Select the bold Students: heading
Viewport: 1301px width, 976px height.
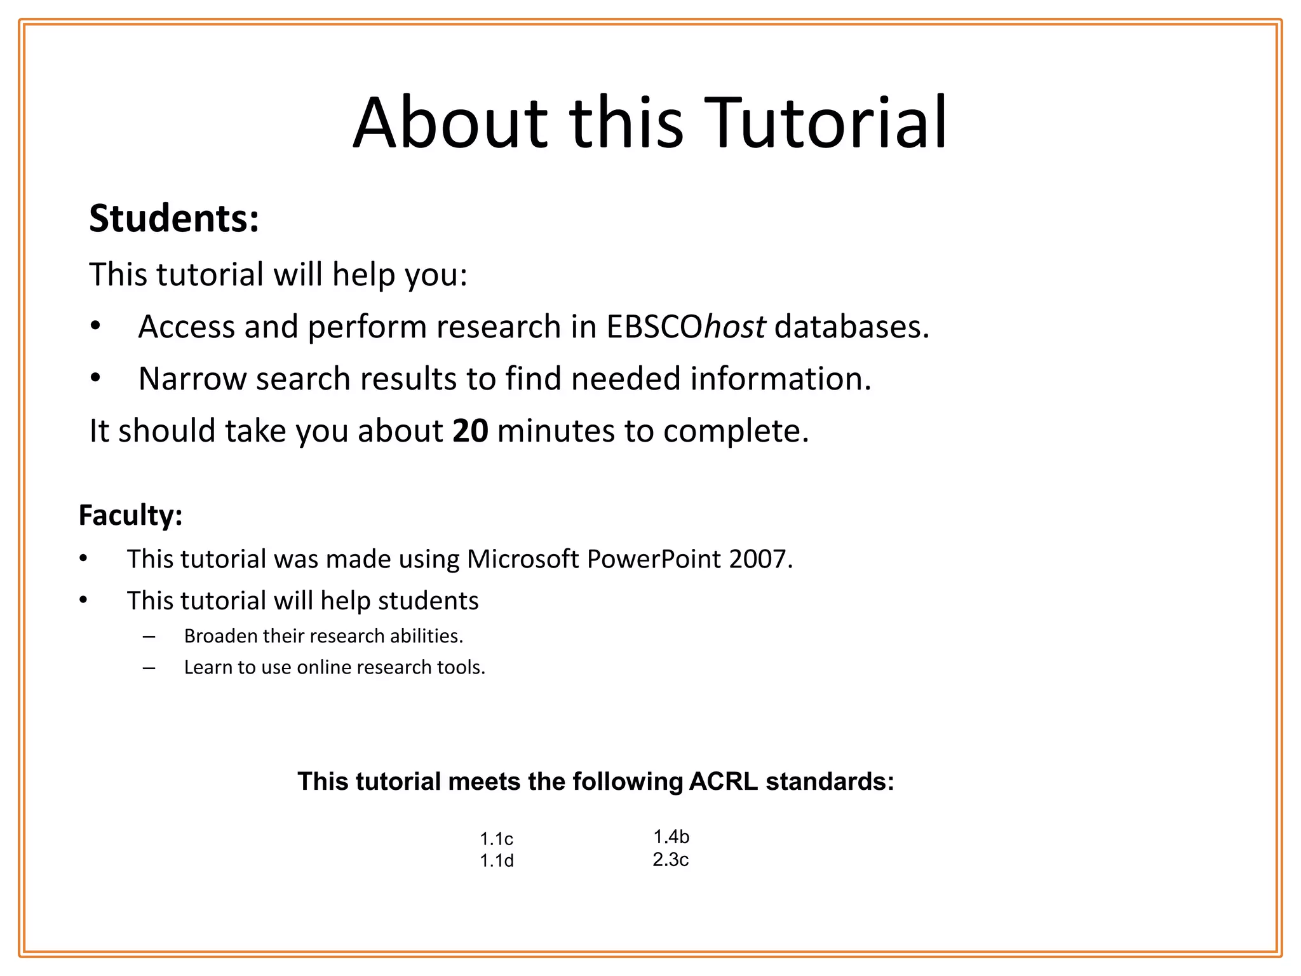tap(174, 219)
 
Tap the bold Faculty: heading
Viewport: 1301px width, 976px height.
tap(130, 515)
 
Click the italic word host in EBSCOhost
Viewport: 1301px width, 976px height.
tap(734, 327)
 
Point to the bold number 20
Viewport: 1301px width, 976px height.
tap(470, 431)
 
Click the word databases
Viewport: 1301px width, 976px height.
tap(851, 327)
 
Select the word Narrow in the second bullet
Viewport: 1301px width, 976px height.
tap(191, 379)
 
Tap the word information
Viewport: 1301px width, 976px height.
tap(781, 379)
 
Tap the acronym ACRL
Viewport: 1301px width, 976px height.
tap(723, 782)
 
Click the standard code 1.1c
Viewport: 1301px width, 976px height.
tap(496, 839)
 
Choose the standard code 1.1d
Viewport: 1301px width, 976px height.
tap(496, 861)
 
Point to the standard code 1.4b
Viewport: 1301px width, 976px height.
tap(671, 837)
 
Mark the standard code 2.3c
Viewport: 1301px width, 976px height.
tap(671, 860)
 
